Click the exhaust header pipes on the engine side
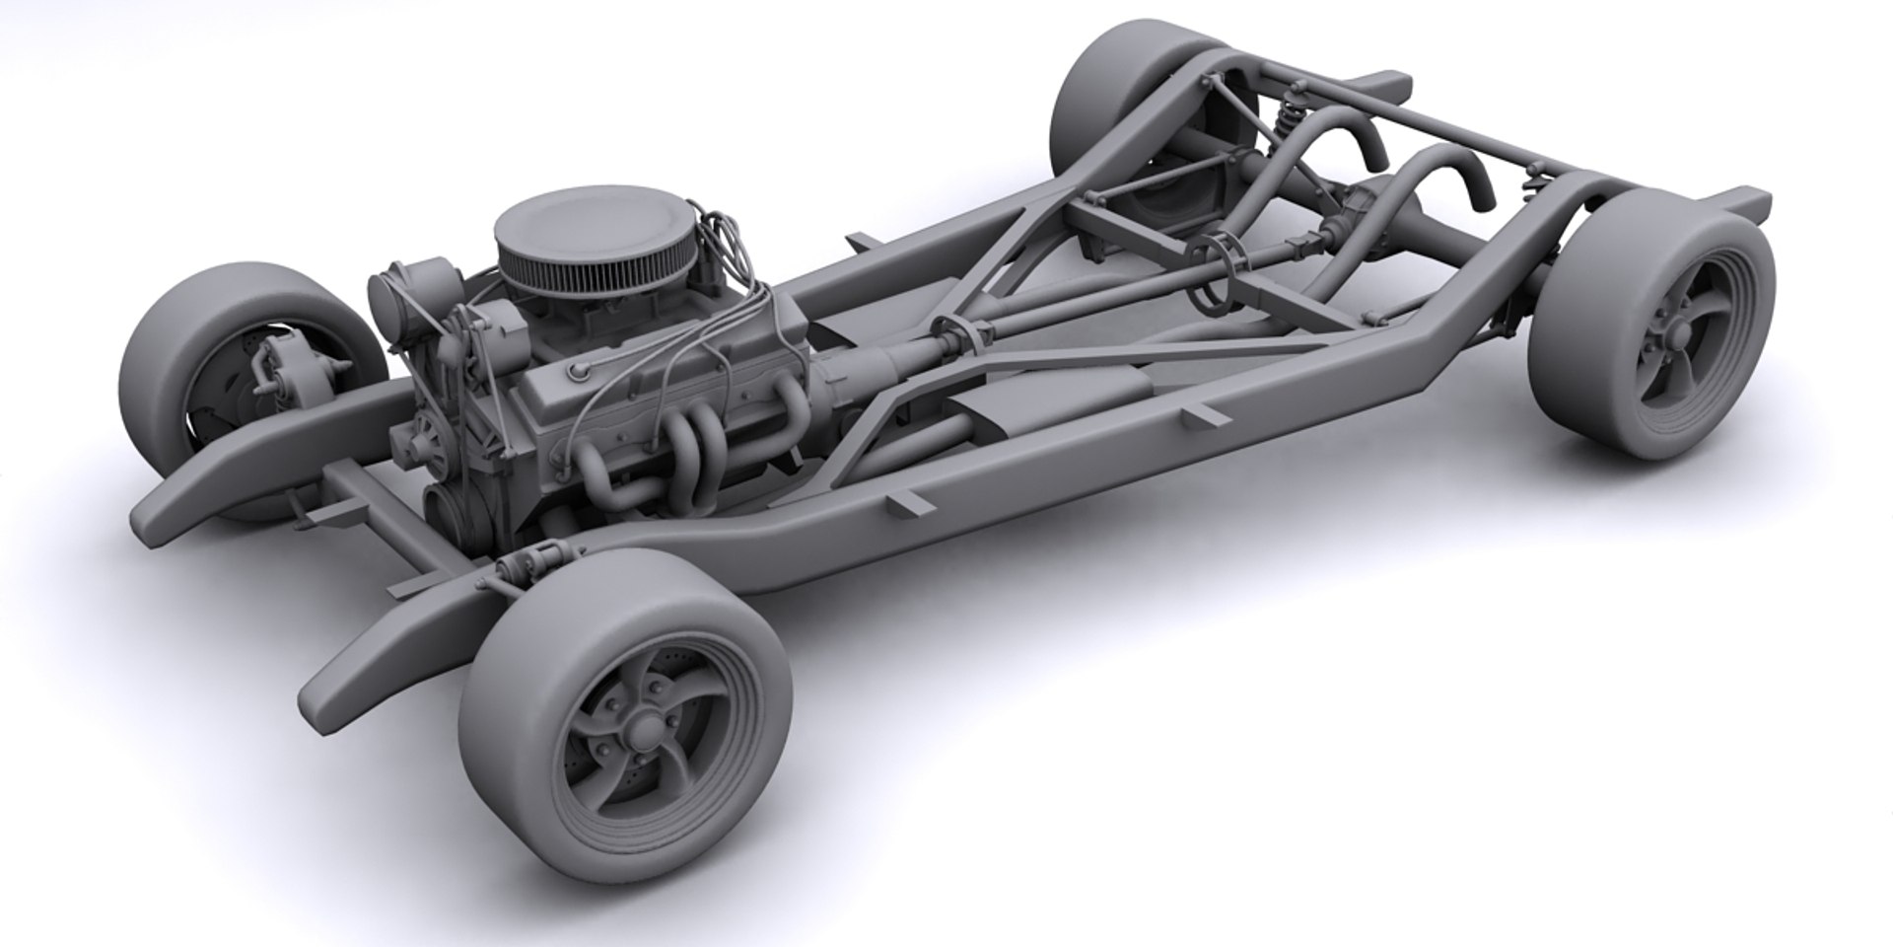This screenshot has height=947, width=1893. coord(680,454)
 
